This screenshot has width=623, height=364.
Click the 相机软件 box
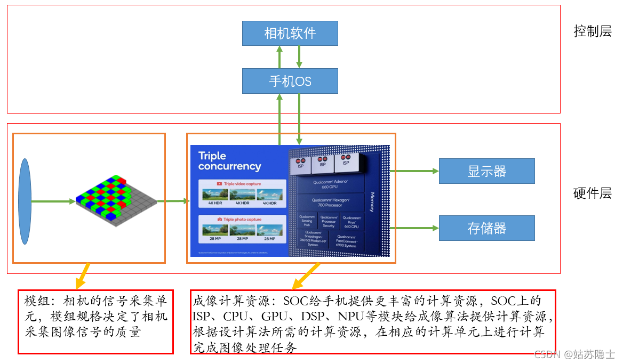290,33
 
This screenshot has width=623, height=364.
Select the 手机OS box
290,81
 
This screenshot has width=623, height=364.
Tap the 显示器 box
486,171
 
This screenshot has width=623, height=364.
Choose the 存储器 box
486,228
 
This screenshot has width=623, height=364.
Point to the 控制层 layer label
592,31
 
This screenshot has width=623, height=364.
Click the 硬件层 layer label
592,193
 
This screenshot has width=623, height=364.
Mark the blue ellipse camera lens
25,201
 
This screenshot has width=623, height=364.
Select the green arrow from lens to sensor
53,201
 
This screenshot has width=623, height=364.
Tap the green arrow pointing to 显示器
414,171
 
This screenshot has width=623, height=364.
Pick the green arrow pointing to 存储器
414,228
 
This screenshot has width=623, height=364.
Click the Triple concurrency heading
229,161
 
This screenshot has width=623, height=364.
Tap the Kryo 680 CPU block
352,222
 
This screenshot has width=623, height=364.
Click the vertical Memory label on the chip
372,203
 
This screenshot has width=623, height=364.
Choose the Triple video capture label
242,183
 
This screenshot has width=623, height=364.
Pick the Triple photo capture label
242,219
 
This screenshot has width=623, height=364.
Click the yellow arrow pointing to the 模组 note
82,276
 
